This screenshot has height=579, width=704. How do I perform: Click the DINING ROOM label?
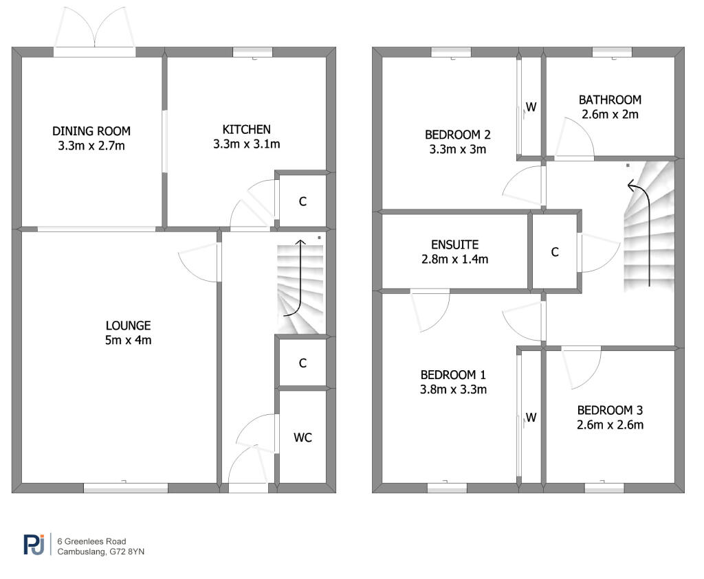pyautogui.click(x=91, y=131)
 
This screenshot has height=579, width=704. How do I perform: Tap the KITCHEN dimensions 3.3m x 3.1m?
pyautogui.click(x=247, y=144)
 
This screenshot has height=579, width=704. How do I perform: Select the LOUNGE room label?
pyautogui.click(x=129, y=326)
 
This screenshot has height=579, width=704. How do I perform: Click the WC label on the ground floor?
pyautogui.click(x=302, y=438)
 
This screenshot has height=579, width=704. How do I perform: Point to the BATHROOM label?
pyautogui.click(x=610, y=100)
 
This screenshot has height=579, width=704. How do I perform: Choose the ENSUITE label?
pyautogui.click(x=455, y=245)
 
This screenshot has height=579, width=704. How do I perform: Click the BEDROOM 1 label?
pyautogui.click(x=453, y=374)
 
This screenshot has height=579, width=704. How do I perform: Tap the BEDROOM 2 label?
pyautogui.click(x=457, y=135)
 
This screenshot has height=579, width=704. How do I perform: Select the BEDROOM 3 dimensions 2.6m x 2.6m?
pyautogui.click(x=610, y=424)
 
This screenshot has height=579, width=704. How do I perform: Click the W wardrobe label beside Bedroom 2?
pyautogui.click(x=531, y=107)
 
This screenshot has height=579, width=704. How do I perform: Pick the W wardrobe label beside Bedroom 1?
pyautogui.click(x=531, y=418)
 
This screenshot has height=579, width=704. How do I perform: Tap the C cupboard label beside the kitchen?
pyautogui.click(x=302, y=201)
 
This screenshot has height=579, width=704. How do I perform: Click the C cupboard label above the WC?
pyautogui.click(x=302, y=363)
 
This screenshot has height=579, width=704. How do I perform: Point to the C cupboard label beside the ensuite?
pyautogui.click(x=555, y=252)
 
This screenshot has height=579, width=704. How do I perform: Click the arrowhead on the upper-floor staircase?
pyautogui.click(x=632, y=185)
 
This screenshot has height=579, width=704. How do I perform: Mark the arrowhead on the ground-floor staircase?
pyautogui.click(x=300, y=242)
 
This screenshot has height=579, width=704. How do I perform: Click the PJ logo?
pyautogui.click(x=34, y=545)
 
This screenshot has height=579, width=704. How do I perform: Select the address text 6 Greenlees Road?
pyautogui.click(x=91, y=541)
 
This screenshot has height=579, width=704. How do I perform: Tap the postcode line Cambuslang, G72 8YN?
pyautogui.click(x=101, y=552)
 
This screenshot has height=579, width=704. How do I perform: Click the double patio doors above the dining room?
pyautogui.click(x=94, y=32)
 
